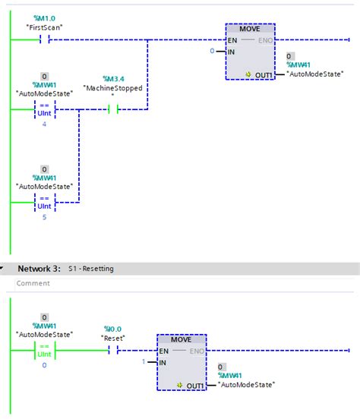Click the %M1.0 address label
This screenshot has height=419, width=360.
[x=43, y=17]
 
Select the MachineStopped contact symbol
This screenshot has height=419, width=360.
[x=114, y=109]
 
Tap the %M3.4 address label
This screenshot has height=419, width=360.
[x=114, y=77]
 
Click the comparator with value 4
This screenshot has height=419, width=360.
[x=45, y=110]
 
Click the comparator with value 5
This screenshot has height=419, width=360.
[x=45, y=202]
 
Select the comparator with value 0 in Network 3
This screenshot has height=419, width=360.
[x=45, y=350]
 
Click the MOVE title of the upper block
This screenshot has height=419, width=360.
[x=250, y=28]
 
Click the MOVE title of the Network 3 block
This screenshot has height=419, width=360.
[x=181, y=339]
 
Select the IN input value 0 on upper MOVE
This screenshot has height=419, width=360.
[x=213, y=51]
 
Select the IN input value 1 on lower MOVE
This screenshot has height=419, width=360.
[x=144, y=362]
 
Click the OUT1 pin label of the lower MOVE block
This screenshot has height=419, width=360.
[x=194, y=385]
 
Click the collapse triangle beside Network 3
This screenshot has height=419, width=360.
[x=5, y=269]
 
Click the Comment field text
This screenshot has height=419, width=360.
[x=34, y=283]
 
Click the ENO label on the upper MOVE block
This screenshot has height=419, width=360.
[x=264, y=39]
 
